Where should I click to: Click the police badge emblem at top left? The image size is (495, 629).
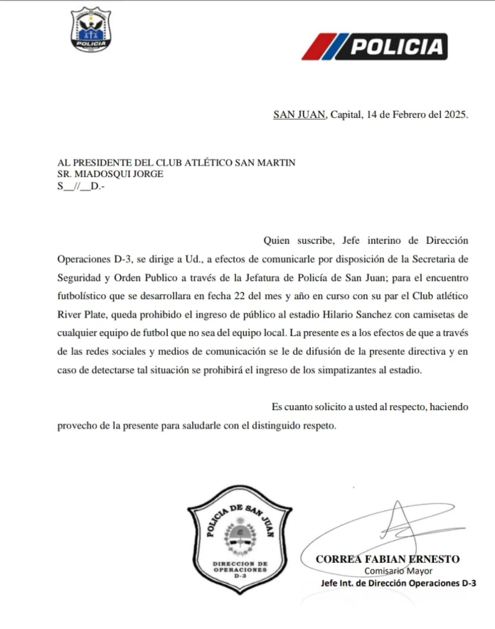tap(92, 29)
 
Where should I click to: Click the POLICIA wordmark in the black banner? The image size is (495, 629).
tap(397, 48)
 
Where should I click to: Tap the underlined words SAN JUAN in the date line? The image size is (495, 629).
tap(299, 114)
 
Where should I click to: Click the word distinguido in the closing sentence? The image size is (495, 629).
tap(268, 426)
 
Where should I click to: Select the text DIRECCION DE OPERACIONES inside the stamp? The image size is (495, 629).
tap(240, 566)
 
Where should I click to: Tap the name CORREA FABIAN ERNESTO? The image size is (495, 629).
tap(388, 559)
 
